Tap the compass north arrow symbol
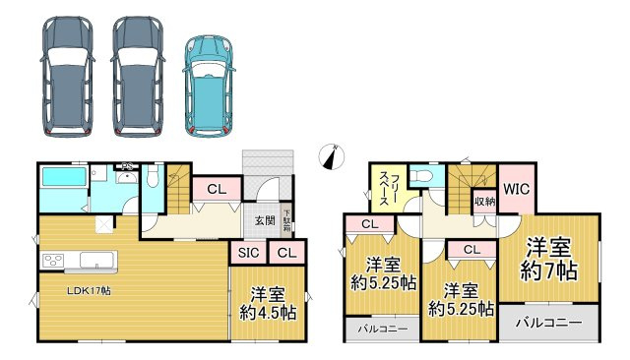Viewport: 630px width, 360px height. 332,157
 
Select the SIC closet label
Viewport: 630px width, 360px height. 249,253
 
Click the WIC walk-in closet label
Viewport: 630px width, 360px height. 516,189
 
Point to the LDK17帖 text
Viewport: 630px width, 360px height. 89,290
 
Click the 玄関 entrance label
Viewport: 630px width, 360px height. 265,220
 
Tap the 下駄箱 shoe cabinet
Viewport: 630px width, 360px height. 286,221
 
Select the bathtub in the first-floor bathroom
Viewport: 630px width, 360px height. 64,177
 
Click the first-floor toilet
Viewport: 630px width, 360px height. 153,177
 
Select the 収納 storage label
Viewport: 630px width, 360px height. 485,202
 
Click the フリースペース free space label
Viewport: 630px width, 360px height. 389,189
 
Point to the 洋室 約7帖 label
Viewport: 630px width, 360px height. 549,259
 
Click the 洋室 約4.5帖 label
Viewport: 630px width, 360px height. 268,303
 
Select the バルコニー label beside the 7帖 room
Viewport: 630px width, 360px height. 549,323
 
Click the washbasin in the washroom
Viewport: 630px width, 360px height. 127,177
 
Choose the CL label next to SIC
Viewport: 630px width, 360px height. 286,253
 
